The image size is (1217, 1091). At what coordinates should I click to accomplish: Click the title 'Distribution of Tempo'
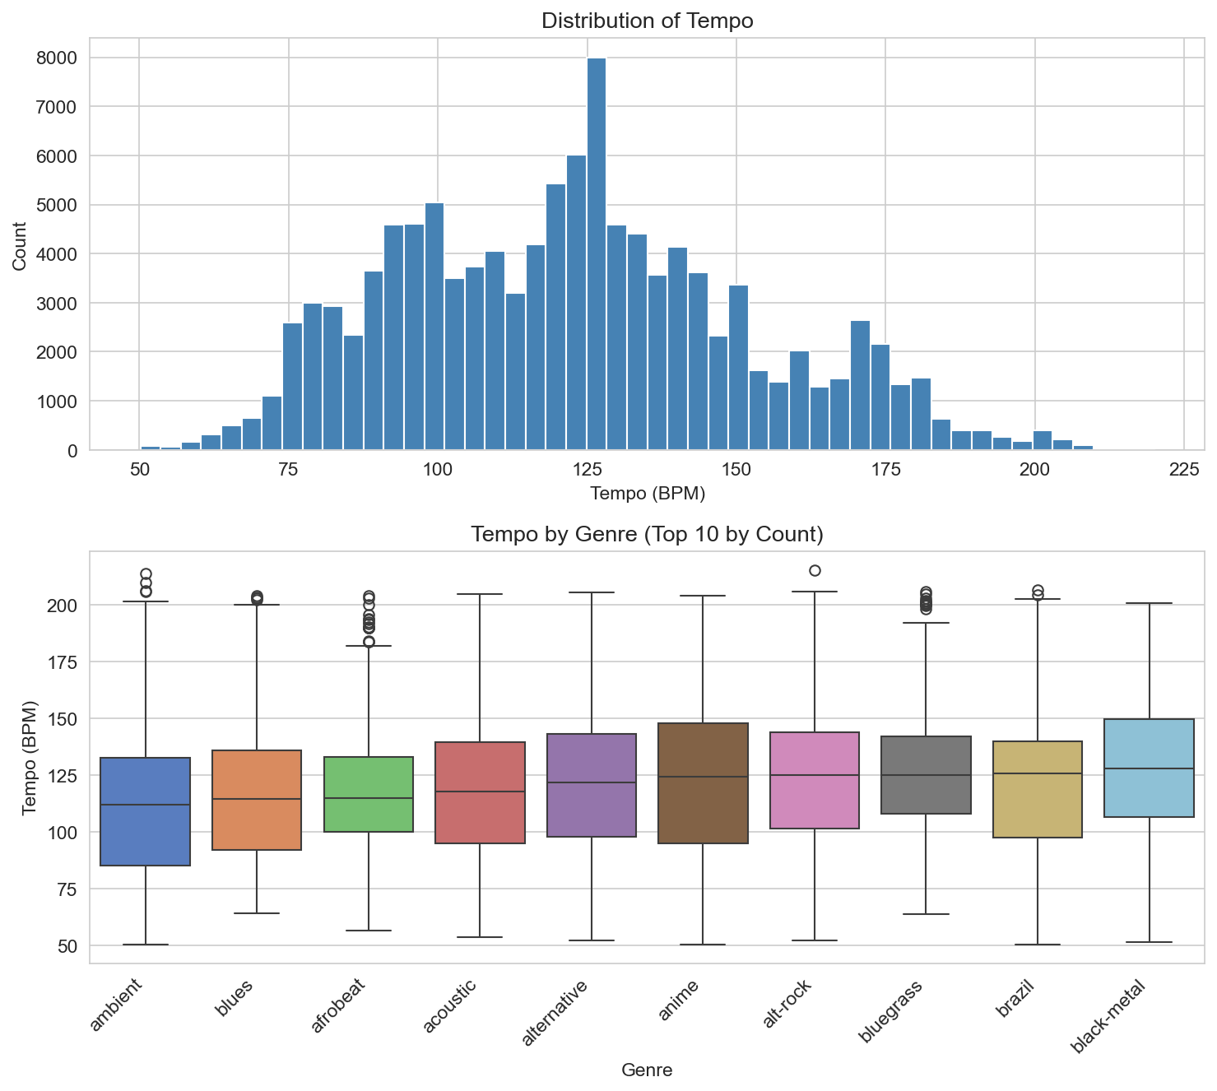[647, 21]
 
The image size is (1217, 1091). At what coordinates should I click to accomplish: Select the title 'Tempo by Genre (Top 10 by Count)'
[647, 535]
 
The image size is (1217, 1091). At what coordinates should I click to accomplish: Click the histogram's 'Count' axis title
[20, 247]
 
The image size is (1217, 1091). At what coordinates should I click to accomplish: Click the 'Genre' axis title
[647, 1070]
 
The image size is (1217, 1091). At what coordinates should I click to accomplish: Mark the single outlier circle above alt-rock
[815, 571]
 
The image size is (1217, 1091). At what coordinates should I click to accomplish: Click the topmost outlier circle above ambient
[146, 573]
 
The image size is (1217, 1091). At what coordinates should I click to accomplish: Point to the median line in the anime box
[703, 777]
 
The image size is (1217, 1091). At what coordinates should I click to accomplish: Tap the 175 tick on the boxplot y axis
[64, 662]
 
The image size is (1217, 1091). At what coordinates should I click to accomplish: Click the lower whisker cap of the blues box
[257, 913]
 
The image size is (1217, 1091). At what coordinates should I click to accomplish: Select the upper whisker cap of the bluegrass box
[926, 623]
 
